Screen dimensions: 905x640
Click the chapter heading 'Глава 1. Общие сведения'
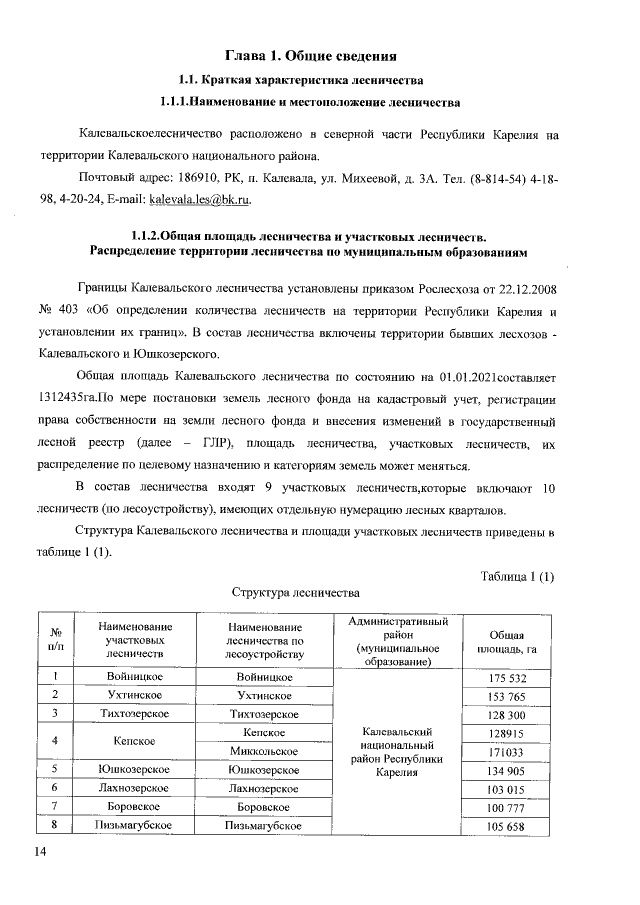point(317,54)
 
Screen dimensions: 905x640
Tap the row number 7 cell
point(56,806)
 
